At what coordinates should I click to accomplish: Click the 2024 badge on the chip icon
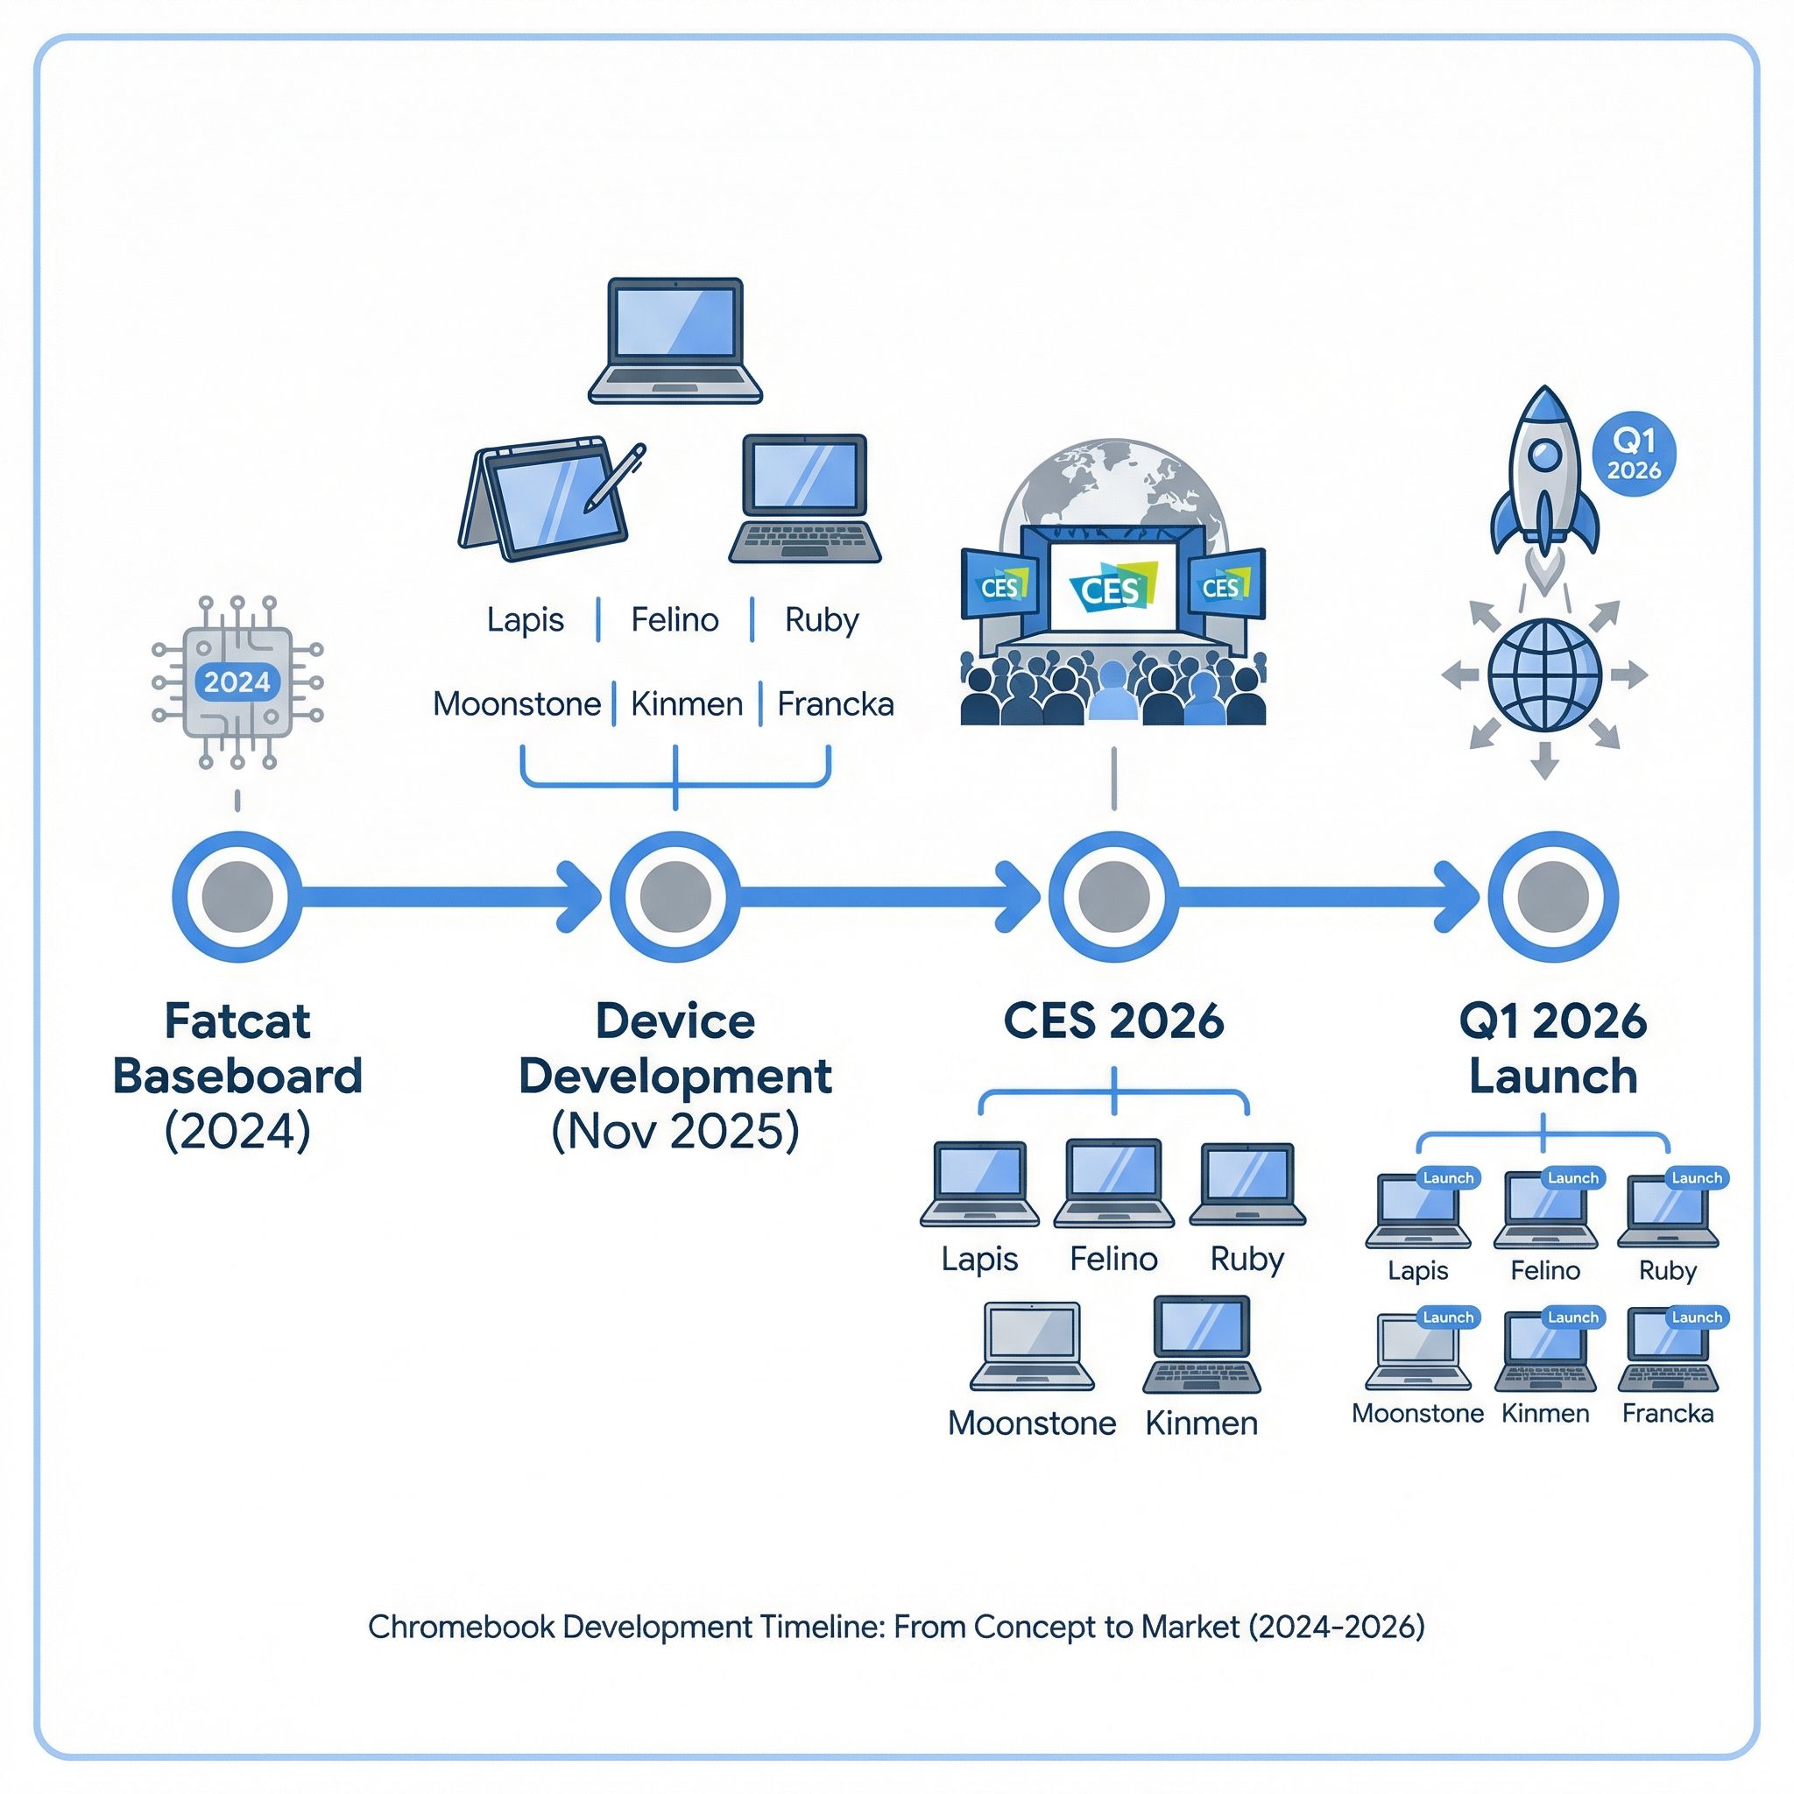pyautogui.click(x=237, y=682)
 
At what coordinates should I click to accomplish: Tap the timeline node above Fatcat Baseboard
pyautogui.click(x=237, y=896)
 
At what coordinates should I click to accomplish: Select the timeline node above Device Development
pyautogui.click(x=675, y=896)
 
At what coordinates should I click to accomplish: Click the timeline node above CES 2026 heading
pyautogui.click(x=1113, y=896)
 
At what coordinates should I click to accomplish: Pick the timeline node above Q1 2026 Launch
pyautogui.click(x=1552, y=896)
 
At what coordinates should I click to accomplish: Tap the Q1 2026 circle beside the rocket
pyautogui.click(x=1634, y=454)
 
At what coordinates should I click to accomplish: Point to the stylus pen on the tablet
pyautogui.click(x=615, y=477)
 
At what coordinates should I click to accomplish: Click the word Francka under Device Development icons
pyautogui.click(x=835, y=704)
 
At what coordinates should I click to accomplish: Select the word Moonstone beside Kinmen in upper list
pyautogui.click(x=516, y=704)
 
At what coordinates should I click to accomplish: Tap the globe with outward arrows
pyautogui.click(x=1544, y=675)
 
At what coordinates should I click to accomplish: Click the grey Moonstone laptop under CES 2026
pyautogui.click(x=1032, y=1345)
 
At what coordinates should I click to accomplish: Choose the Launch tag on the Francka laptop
pyautogui.click(x=1697, y=1317)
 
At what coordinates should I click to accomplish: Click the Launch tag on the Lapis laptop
pyautogui.click(x=1448, y=1178)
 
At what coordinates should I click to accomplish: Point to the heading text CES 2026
pyautogui.click(x=1113, y=1021)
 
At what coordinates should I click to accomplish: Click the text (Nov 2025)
pyautogui.click(x=675, y=1131)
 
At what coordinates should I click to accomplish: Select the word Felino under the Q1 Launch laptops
pyautogui.click(x=1545, y=1270)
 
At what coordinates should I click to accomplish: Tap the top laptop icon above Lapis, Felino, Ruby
pyautogui.click(x=675, y=340)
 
